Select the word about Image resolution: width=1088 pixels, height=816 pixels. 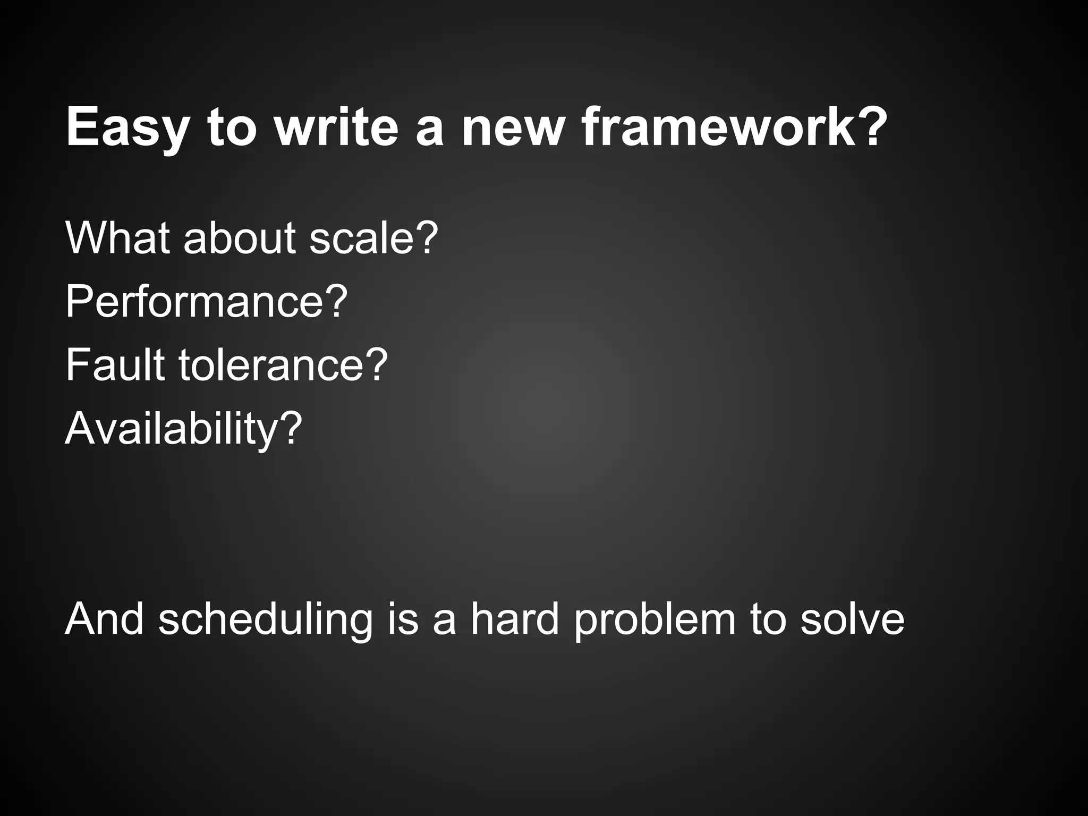click(x=239, y=237)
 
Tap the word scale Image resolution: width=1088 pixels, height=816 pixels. click(x=361, y=237)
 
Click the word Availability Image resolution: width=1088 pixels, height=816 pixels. click(x=170, y=428)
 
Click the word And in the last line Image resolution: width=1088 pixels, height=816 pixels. click(x=104, y=618)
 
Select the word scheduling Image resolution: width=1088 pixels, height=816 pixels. click(x=266, y=618)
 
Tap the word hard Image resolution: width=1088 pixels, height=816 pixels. click(x=515, y=618)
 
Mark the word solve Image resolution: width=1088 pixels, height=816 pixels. click(x=852, y=618)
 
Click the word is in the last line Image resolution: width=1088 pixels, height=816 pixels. click(x=403, y=618)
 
